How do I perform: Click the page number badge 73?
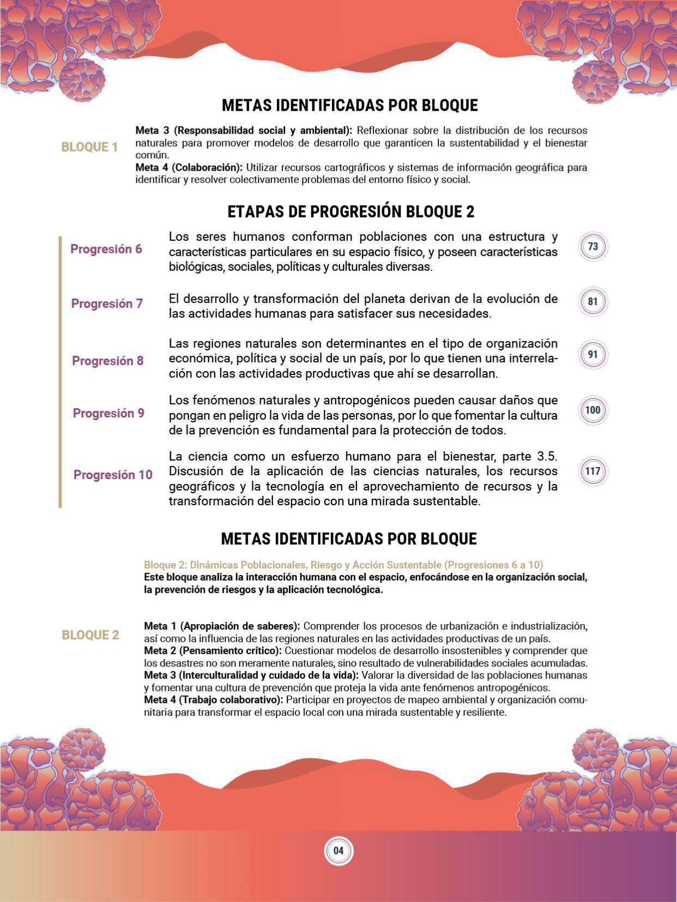(593, 246)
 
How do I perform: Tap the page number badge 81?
(593, 301)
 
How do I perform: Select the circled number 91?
(593, 354)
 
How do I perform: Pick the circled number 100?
(593, 410)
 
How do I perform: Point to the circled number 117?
(593, 471)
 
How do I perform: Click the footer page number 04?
(338, 851)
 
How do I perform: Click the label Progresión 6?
(106, 249)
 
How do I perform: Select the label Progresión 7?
(107, 304)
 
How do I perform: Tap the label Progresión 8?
(108, 361)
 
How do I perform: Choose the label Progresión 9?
(108, 413)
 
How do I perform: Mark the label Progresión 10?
(113, 475)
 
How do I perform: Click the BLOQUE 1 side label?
(89, 147)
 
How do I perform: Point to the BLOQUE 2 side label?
(90, 635)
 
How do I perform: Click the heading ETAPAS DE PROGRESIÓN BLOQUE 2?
(350, 211)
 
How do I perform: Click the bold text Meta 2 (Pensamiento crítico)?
(213, 651)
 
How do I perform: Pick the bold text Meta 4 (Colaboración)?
(189, 167)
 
